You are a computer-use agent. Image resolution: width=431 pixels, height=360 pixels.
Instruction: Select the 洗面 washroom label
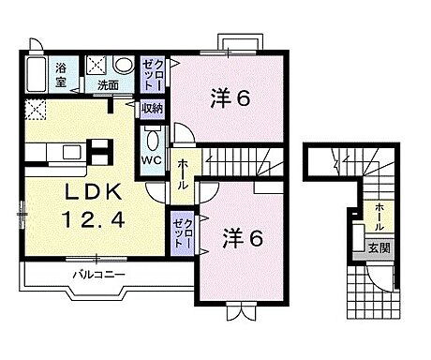pyautogui.click(x=108, y=86)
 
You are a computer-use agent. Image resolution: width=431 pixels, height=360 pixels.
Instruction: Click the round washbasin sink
pyautogui.click(x=123, y=67)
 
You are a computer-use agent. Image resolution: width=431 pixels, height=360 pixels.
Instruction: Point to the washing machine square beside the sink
pyautogui.click(x=97, y=67)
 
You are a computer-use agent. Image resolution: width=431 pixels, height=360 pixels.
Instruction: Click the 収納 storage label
pyautogui.click(x=153, y=109)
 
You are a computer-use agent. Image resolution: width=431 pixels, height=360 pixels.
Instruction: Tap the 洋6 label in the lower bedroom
pyautogui.click(x=241, y=238)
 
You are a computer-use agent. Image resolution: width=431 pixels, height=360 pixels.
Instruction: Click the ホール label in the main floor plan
pyautogui.click(x=182, y=173)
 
